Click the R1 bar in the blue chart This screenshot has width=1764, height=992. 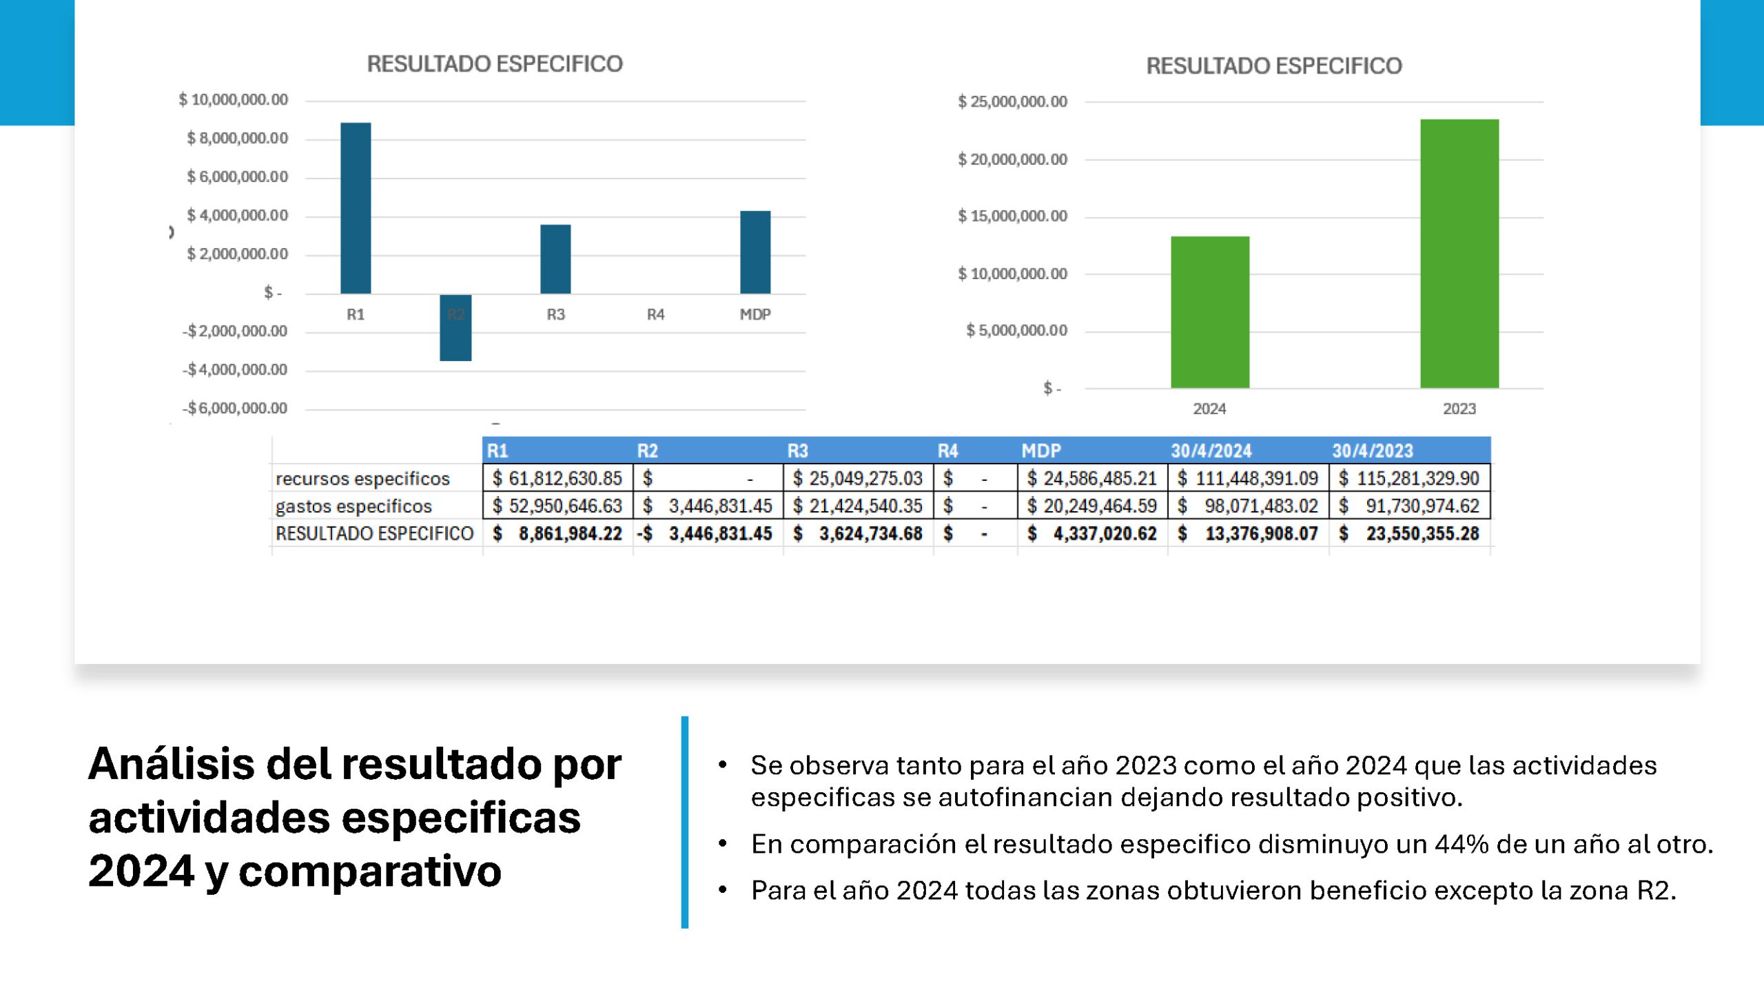[356, 208]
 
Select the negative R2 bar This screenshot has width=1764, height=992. [455, 328]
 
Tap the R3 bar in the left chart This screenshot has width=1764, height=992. [555, 259]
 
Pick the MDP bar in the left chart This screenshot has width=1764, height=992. [755, 252]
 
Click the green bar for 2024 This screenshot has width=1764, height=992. [1210, 312]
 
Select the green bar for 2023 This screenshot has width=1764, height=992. [1459, 254]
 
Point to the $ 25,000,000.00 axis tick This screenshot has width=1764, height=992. [1012, 102]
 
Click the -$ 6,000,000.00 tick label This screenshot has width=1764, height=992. [235, 409]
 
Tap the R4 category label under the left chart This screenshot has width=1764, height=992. [655, 315]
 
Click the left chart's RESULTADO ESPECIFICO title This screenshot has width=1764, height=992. [495, 64]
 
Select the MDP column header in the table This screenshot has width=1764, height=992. [1041, 451]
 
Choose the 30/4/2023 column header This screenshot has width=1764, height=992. [1373, 451]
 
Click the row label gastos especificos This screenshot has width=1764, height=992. [353, 506]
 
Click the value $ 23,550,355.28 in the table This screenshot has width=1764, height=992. [1410, 534]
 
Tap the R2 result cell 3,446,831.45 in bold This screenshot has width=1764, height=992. [708, 534]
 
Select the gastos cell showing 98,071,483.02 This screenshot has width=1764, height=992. [1249, 506]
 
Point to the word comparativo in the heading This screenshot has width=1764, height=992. [370, 871]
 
